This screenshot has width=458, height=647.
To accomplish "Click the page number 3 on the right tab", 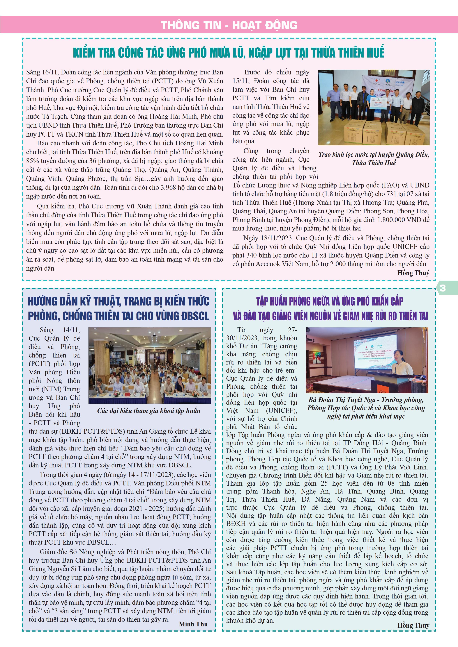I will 443,288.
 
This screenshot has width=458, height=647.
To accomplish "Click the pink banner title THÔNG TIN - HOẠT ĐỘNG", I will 229,25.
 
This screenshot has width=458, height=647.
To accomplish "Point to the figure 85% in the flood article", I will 33,161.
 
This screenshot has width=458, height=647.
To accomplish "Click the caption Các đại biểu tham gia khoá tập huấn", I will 149,411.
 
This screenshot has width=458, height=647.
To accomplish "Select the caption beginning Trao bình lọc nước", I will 374,158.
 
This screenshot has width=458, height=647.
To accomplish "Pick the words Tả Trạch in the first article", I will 55,116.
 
